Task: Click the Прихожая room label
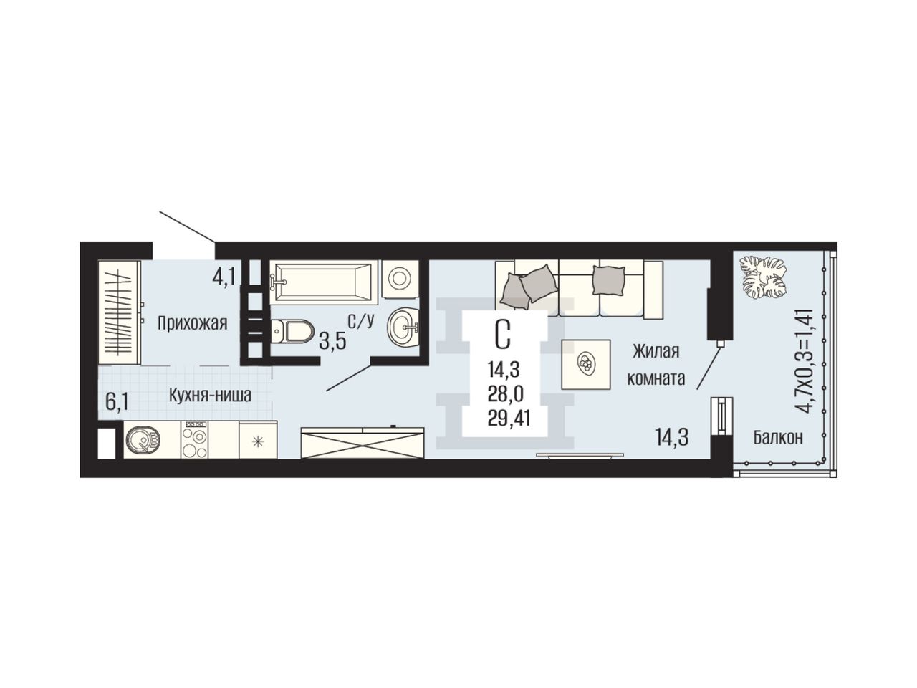coord(192,323)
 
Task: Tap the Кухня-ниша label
coord(210,395)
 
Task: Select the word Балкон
coord(778,437)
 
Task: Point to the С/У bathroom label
coord(361,321)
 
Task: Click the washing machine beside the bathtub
coord(400,279)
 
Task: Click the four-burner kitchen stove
coord(195,439)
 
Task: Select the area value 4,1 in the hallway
coord(224,277)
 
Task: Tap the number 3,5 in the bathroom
coord(332,342)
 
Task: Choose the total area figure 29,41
coord(509,418)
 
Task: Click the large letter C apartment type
coord(503,335)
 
